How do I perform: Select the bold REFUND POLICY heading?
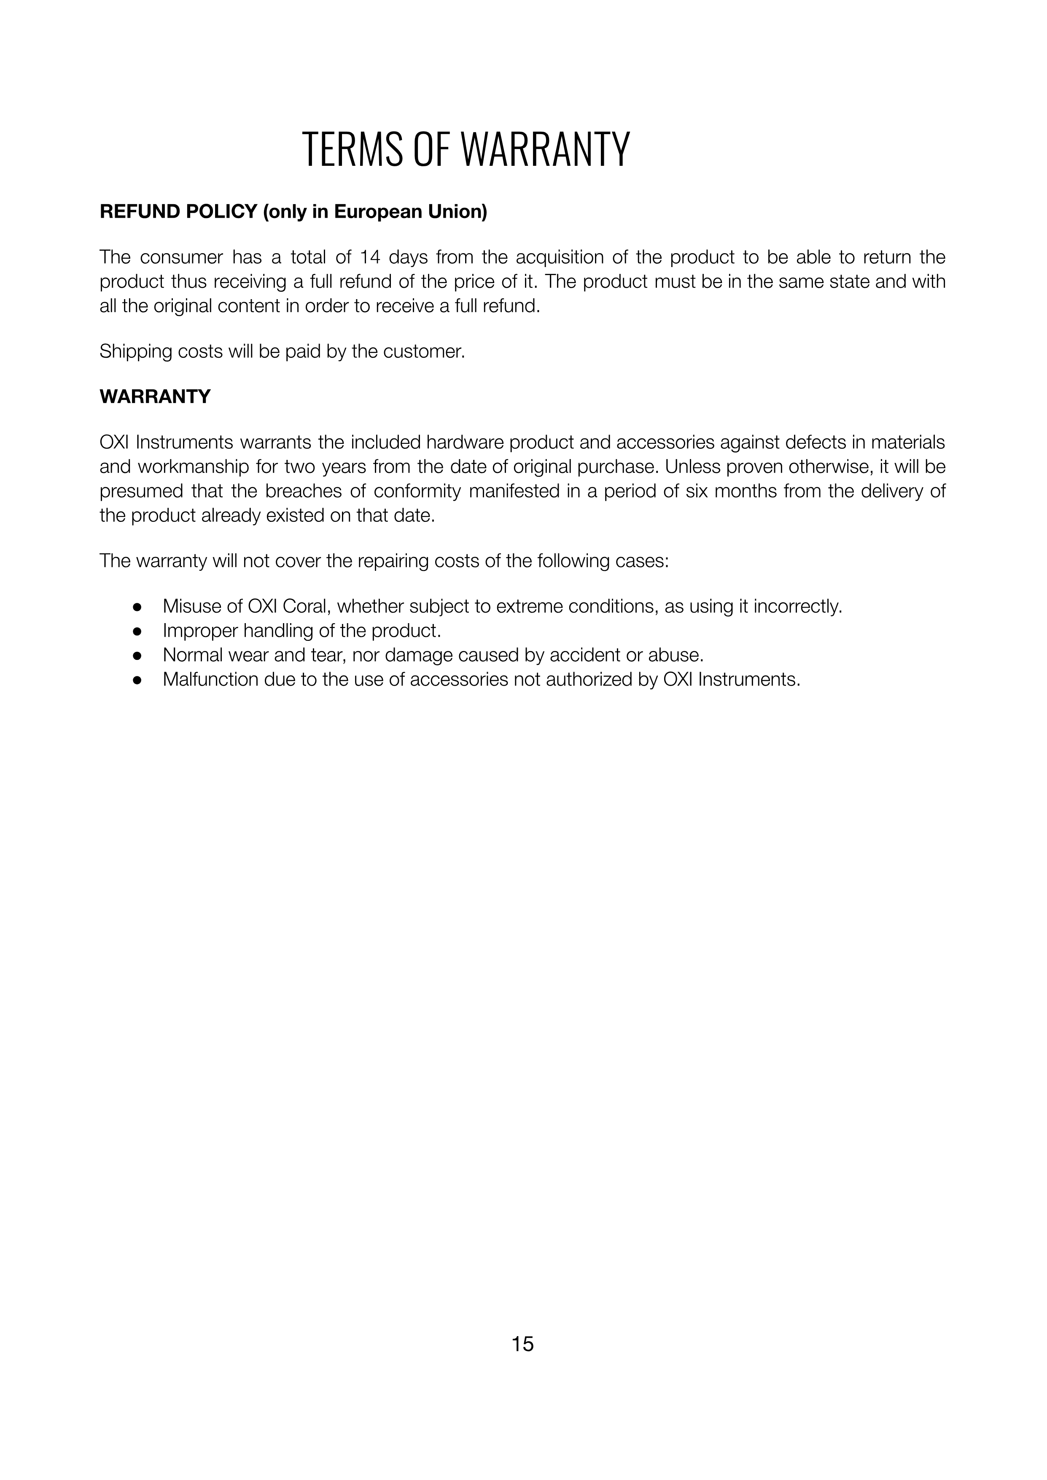pyautogui.click(x=179, y=212)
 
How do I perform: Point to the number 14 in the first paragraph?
pyautogui.click(x=370, y=257)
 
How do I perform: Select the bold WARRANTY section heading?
pyautogui.click(x=155, y=397)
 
